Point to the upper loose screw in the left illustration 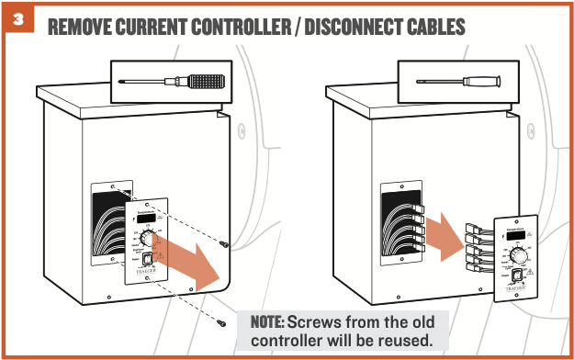(x=224, y=242)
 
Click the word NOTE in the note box (x=266, y=322)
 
